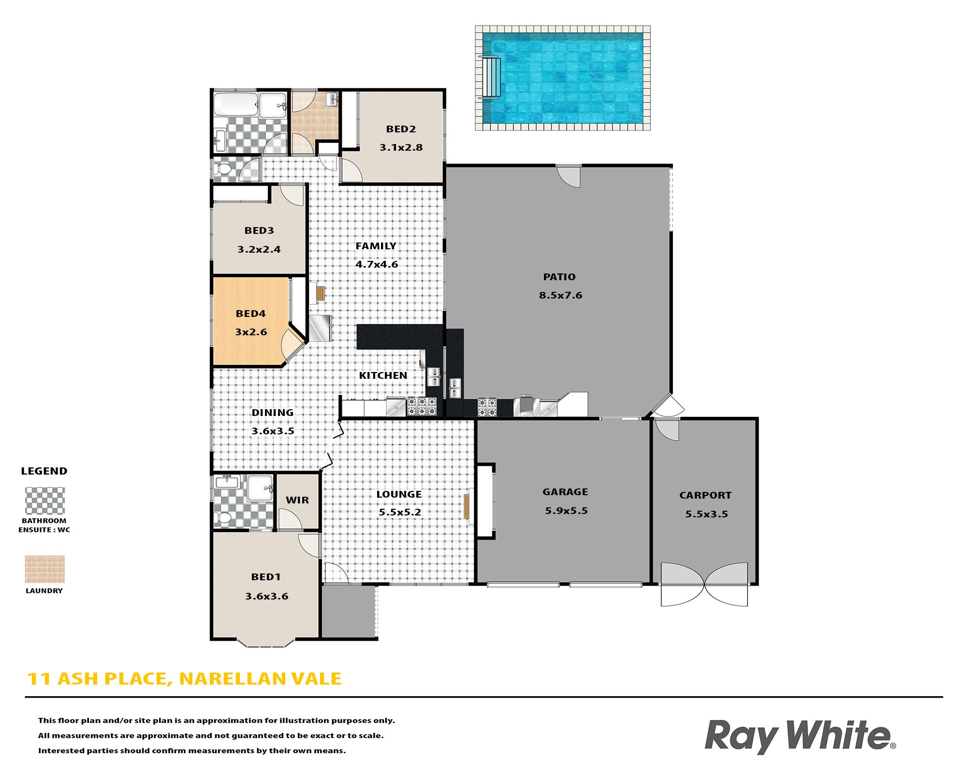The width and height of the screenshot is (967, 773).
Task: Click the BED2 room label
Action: [x=401, y=129]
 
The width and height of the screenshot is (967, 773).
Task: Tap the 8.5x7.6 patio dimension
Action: [x=560, y=295]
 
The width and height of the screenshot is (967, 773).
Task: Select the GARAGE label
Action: [x=565, y=492]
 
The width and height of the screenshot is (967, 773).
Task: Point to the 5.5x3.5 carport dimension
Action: [x=706, y=514]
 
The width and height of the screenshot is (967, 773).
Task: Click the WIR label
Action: [x=297, y=500]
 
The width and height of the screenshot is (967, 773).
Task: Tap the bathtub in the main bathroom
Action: [x=235, y=104]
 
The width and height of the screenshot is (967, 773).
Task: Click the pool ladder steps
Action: [x=490, y=77]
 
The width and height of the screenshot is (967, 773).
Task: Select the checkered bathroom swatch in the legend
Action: [x=44, y=501]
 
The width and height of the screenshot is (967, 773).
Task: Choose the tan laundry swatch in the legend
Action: [x=44, y=569]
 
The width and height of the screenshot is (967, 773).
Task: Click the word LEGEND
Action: [x=44, y=471]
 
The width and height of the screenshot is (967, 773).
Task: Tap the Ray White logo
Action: [x=800, y=736]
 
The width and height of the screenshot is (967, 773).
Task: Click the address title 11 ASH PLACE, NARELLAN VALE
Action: [x=184, y=679]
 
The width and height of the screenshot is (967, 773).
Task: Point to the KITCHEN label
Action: [x=383, y=375]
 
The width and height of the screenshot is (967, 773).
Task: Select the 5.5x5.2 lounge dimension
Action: [x=400, y=512]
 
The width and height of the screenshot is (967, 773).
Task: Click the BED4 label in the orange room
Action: [x=250, y=314]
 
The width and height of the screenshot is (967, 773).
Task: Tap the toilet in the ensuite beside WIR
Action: [x=223, y=518]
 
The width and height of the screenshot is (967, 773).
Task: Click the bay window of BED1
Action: [x=266, y=643]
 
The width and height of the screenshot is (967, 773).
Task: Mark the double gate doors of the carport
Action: [x=704, y=585]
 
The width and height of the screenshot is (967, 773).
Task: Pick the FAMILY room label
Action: [x=376, y=246]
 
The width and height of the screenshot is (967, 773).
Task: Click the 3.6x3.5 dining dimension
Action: [x=273, y=431]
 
